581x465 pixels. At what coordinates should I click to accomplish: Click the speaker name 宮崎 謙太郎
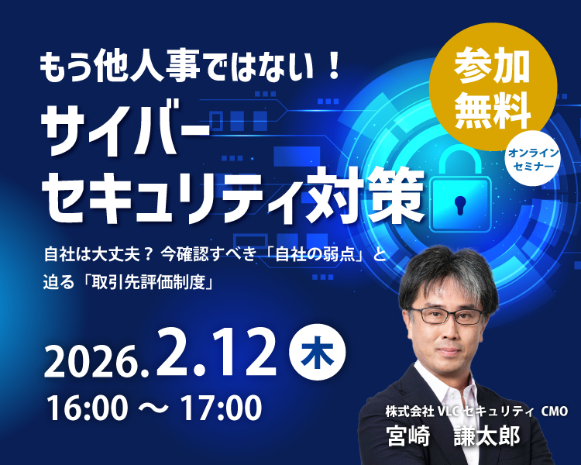pyautogui.click(x=452, y=436)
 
